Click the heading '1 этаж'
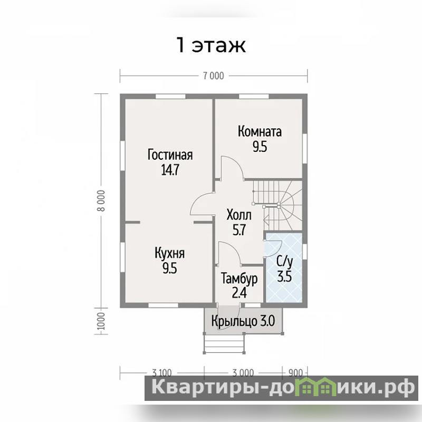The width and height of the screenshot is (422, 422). coord(210,45)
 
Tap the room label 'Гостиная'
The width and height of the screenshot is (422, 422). coord(170,155)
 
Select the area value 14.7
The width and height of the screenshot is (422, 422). coord(170,170)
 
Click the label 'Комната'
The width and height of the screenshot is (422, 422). coord(260,131)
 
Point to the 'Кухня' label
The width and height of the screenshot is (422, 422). coord(169,254)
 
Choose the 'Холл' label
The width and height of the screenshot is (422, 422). coord(239,215)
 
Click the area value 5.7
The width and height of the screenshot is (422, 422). coord(239,230)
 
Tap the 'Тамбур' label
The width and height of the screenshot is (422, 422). coord(239,279)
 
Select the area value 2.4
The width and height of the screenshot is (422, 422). coord(239,293)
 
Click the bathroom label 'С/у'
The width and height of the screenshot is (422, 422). coord(284,262)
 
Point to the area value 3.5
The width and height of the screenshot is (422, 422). coord(284,276)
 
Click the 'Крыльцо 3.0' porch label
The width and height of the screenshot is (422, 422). coord(243,321)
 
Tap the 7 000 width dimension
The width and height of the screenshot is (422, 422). coord(214,76)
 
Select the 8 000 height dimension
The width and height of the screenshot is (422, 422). coord(101,200)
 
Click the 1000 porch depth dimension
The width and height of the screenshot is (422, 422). coord(101,321)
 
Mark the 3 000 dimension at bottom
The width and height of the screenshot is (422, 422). coord(243,372)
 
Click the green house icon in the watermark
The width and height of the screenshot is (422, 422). coord(320,386)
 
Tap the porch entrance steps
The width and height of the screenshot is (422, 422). coord(224,343)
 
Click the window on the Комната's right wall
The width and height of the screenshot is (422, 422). coord(305,149)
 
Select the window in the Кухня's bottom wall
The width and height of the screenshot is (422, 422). coord(164,305)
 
